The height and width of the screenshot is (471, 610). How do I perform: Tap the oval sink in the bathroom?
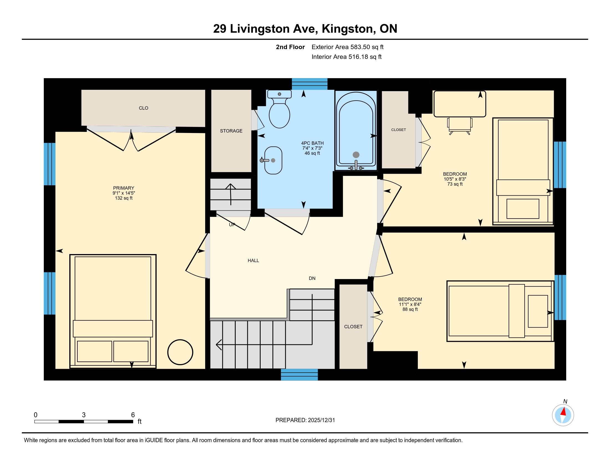click(273, 160)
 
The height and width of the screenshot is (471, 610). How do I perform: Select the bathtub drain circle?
click(356, 155)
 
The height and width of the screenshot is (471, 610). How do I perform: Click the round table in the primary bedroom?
click(180, 352)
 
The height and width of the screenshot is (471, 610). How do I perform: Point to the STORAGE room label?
click(231, 131)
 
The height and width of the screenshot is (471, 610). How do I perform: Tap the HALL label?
click(253, 261)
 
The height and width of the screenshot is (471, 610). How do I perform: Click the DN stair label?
click(312, 278)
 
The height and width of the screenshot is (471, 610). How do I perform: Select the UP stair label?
click(232, 225)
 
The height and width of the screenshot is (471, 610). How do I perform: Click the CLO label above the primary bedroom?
click(144, 108)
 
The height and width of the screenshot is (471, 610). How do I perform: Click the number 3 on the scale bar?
click(84, 415)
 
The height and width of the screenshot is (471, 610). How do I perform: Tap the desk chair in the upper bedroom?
click(459, 126)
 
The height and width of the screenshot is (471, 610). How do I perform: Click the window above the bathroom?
click(309, 84)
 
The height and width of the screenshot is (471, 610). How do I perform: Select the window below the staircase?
click(299, 375)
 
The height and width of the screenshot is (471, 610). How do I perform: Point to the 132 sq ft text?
click(124, 198)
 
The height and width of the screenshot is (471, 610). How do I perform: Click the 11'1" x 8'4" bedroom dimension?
click(410, 304)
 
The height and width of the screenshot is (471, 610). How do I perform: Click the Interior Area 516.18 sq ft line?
click(347, 57)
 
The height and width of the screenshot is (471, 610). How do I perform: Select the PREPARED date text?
click(305, 420)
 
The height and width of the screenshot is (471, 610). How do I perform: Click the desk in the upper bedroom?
click(460, 104)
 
